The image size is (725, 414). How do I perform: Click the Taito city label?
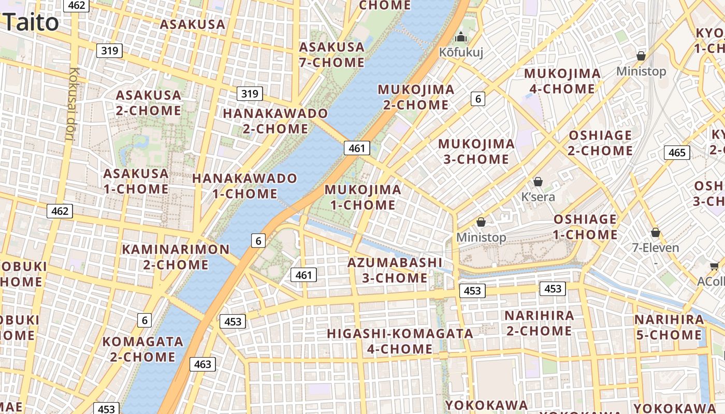coord(31,22)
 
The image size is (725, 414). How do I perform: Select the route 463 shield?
coord(202,364)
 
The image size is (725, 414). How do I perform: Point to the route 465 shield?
coord(677,152)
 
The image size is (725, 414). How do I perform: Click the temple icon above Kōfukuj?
coord(460,37)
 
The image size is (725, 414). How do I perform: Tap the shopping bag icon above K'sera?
coord(538,182)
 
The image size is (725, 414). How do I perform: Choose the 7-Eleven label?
coord(655,248)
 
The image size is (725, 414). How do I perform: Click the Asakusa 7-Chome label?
coord(332,54)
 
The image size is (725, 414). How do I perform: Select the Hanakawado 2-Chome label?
coord(275,121)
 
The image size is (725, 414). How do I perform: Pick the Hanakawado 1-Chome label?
coord(245,186)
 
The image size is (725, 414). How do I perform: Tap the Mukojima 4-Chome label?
coord(562,81)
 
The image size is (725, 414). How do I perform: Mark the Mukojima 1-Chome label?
coord(363,197)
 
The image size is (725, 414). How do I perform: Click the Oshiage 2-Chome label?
coord(600,143)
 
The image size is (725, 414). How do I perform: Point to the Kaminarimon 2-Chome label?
coord(176,257)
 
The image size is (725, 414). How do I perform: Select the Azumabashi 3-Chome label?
coord(395,270)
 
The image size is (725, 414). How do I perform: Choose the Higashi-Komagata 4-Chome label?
coord(400,341)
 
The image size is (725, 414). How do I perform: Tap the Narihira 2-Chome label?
coord(539,323)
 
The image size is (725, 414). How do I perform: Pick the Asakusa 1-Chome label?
coord(136,181)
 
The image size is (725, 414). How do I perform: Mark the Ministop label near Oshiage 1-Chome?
coord(481,238)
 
